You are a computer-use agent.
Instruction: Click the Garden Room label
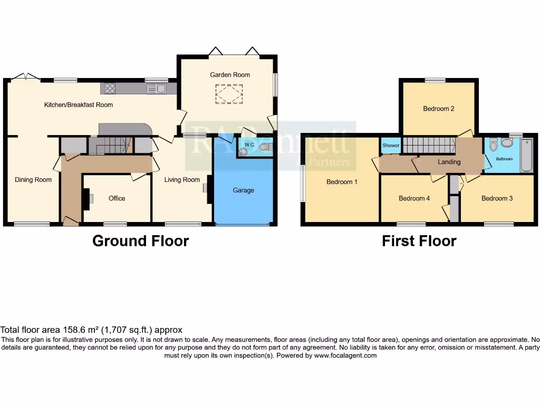230,75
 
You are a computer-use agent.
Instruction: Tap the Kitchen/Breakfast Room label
78,104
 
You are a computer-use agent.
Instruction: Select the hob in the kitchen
110,89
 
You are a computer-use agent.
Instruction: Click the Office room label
117,198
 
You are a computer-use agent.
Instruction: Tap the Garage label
244,190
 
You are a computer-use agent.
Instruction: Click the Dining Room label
33,180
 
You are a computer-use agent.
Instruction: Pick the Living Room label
182,180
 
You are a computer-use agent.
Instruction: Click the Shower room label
391,146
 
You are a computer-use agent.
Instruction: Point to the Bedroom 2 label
439,109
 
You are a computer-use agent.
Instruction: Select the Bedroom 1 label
342,182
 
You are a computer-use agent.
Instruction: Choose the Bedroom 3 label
497,198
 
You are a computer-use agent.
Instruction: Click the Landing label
449,162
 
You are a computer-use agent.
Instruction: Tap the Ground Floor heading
140,241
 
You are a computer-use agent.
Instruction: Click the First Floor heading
419,241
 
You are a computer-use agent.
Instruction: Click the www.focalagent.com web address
345,355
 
